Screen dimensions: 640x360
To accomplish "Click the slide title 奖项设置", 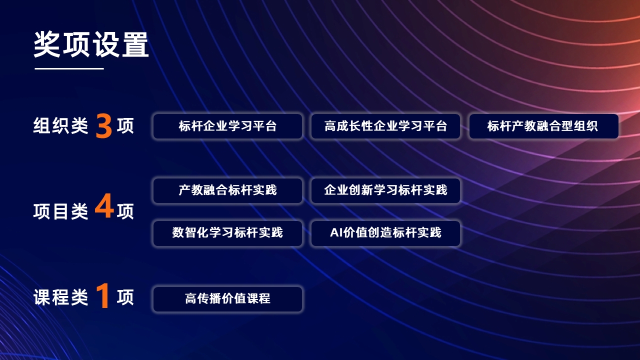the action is click(91, 44).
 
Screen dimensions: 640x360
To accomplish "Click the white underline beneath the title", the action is click(69, 68).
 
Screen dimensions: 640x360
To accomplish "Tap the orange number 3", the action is click(103, 125).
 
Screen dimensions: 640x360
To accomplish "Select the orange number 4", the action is click(104, 205).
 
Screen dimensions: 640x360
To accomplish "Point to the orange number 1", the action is click(103, 295).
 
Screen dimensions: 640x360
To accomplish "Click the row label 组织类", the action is click(60, 125).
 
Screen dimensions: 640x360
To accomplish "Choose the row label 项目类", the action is click(60, 211).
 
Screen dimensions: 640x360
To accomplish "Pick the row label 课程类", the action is click(60, 297).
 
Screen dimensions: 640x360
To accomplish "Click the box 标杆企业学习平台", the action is click(227, 126).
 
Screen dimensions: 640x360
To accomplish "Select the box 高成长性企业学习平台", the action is click(385, 126).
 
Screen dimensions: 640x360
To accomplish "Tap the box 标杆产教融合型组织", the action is click(544, 126).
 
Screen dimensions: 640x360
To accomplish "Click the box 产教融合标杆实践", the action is click(227, 190).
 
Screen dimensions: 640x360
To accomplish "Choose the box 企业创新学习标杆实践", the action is click(385, 190).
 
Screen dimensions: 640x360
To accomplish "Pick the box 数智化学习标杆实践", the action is click(227, 233).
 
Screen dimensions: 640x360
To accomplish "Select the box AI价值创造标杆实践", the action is click(385, 233).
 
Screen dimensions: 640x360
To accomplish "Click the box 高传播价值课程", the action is click(227, 299).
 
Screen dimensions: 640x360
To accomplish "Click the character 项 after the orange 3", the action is click(125, 125).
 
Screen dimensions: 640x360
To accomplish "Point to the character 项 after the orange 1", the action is click(125, 297).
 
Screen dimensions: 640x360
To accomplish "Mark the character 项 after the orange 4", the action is click(125, 211).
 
